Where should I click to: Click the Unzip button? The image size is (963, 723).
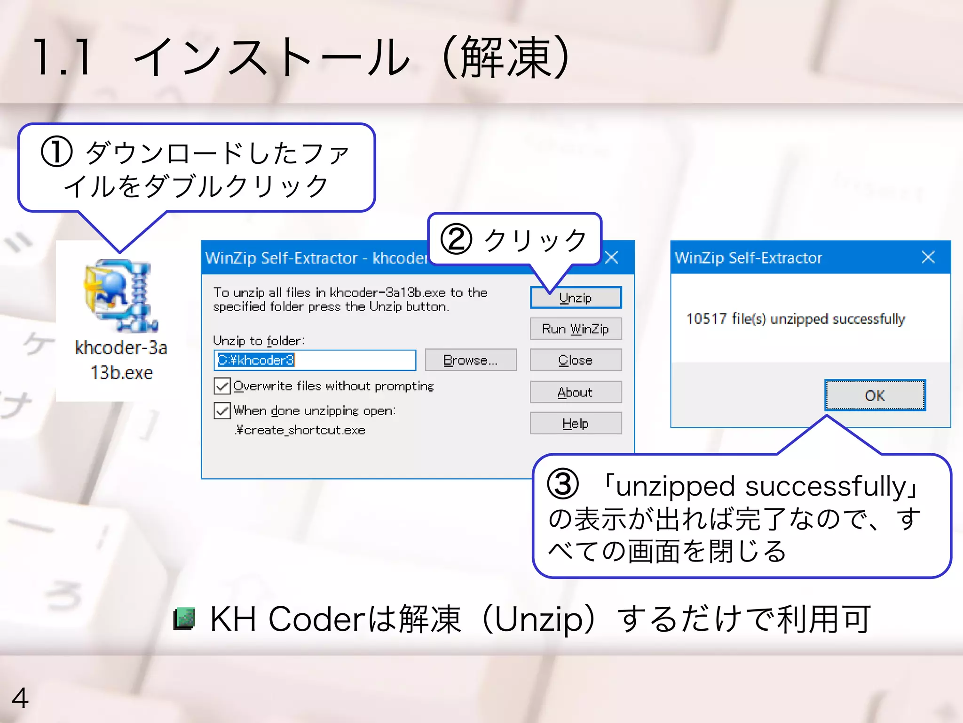click(576, 297)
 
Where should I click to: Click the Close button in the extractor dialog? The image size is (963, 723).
click(576, 360)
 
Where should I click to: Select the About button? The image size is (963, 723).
click(576, 392)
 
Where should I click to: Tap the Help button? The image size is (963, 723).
click(576, 423)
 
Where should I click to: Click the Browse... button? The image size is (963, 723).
click(470, 360)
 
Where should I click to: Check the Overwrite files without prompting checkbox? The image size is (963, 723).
click(222, 386)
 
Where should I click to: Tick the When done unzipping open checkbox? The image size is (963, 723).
click(222, 410)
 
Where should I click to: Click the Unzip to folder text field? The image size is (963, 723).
click(315, 360)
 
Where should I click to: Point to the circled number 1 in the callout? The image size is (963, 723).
click(56, 152)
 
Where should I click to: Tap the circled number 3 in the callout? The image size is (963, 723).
click(562, 485)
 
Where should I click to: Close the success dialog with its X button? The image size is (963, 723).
click(928, 257)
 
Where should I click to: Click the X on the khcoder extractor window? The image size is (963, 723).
click(611, 257)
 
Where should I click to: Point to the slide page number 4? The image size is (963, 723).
click(20, 698)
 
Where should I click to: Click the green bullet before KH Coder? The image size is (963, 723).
click(184, 619)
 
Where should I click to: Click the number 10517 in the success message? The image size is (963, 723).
click(706, 319)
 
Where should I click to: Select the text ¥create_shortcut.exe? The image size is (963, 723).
click(300, 430)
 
